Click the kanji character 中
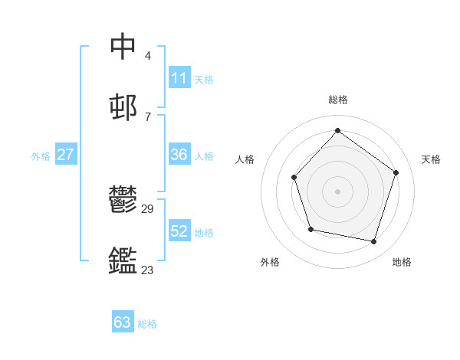(123, 46)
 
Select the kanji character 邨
(123, 106)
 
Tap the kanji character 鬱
(123, 200)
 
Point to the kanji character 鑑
(123, 260)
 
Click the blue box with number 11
(179, 78)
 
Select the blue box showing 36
(179, 155)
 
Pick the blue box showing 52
(179, 231)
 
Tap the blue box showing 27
(66, 155)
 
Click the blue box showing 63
(123, 322)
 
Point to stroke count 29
(148, 208)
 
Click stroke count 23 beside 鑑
(148, 270)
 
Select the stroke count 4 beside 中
(148, 55)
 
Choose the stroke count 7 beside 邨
(148, 116)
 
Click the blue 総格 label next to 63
(147, 324)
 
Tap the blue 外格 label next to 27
(41, 156)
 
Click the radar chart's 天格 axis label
(431, 159)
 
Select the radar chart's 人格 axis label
(245, 159)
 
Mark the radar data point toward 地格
(374, 242)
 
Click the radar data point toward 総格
(337, 130)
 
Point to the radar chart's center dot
(337, 191)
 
